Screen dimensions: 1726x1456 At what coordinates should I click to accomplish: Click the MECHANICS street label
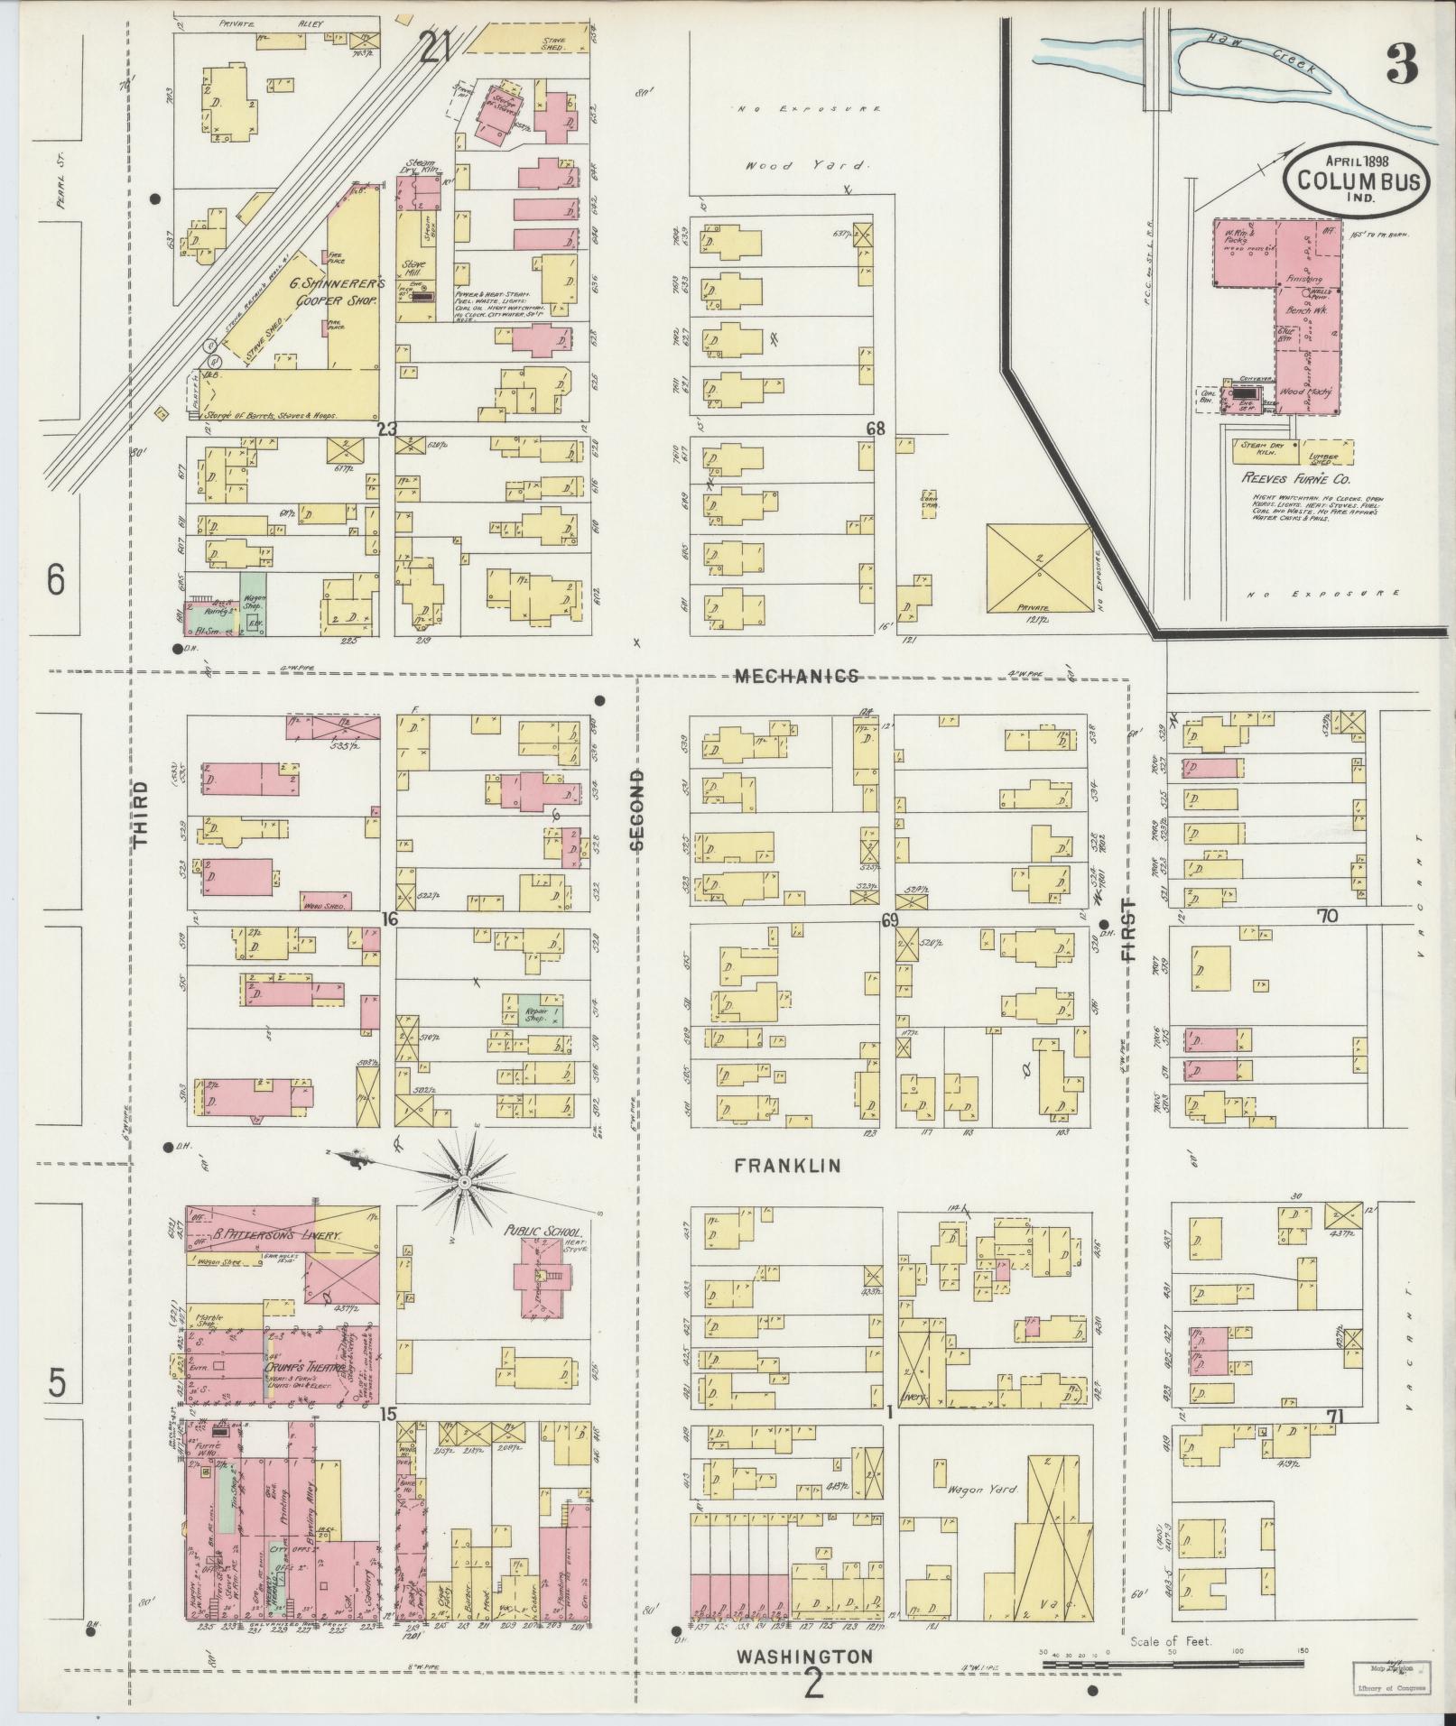click(x=795, y=676)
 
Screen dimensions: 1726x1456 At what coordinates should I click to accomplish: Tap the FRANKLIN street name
click(x=787, y=1166)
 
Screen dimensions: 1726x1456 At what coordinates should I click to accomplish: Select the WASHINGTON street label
click(x=803, y=1657)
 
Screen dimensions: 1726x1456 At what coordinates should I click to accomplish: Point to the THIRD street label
click(x=141, y=815)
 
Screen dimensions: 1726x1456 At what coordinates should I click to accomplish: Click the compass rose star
click(x=464, y=1180)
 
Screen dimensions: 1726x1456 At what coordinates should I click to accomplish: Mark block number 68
click(x=875, y=429)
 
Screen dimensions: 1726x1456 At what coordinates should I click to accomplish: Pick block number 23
click(x=386, y=430)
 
